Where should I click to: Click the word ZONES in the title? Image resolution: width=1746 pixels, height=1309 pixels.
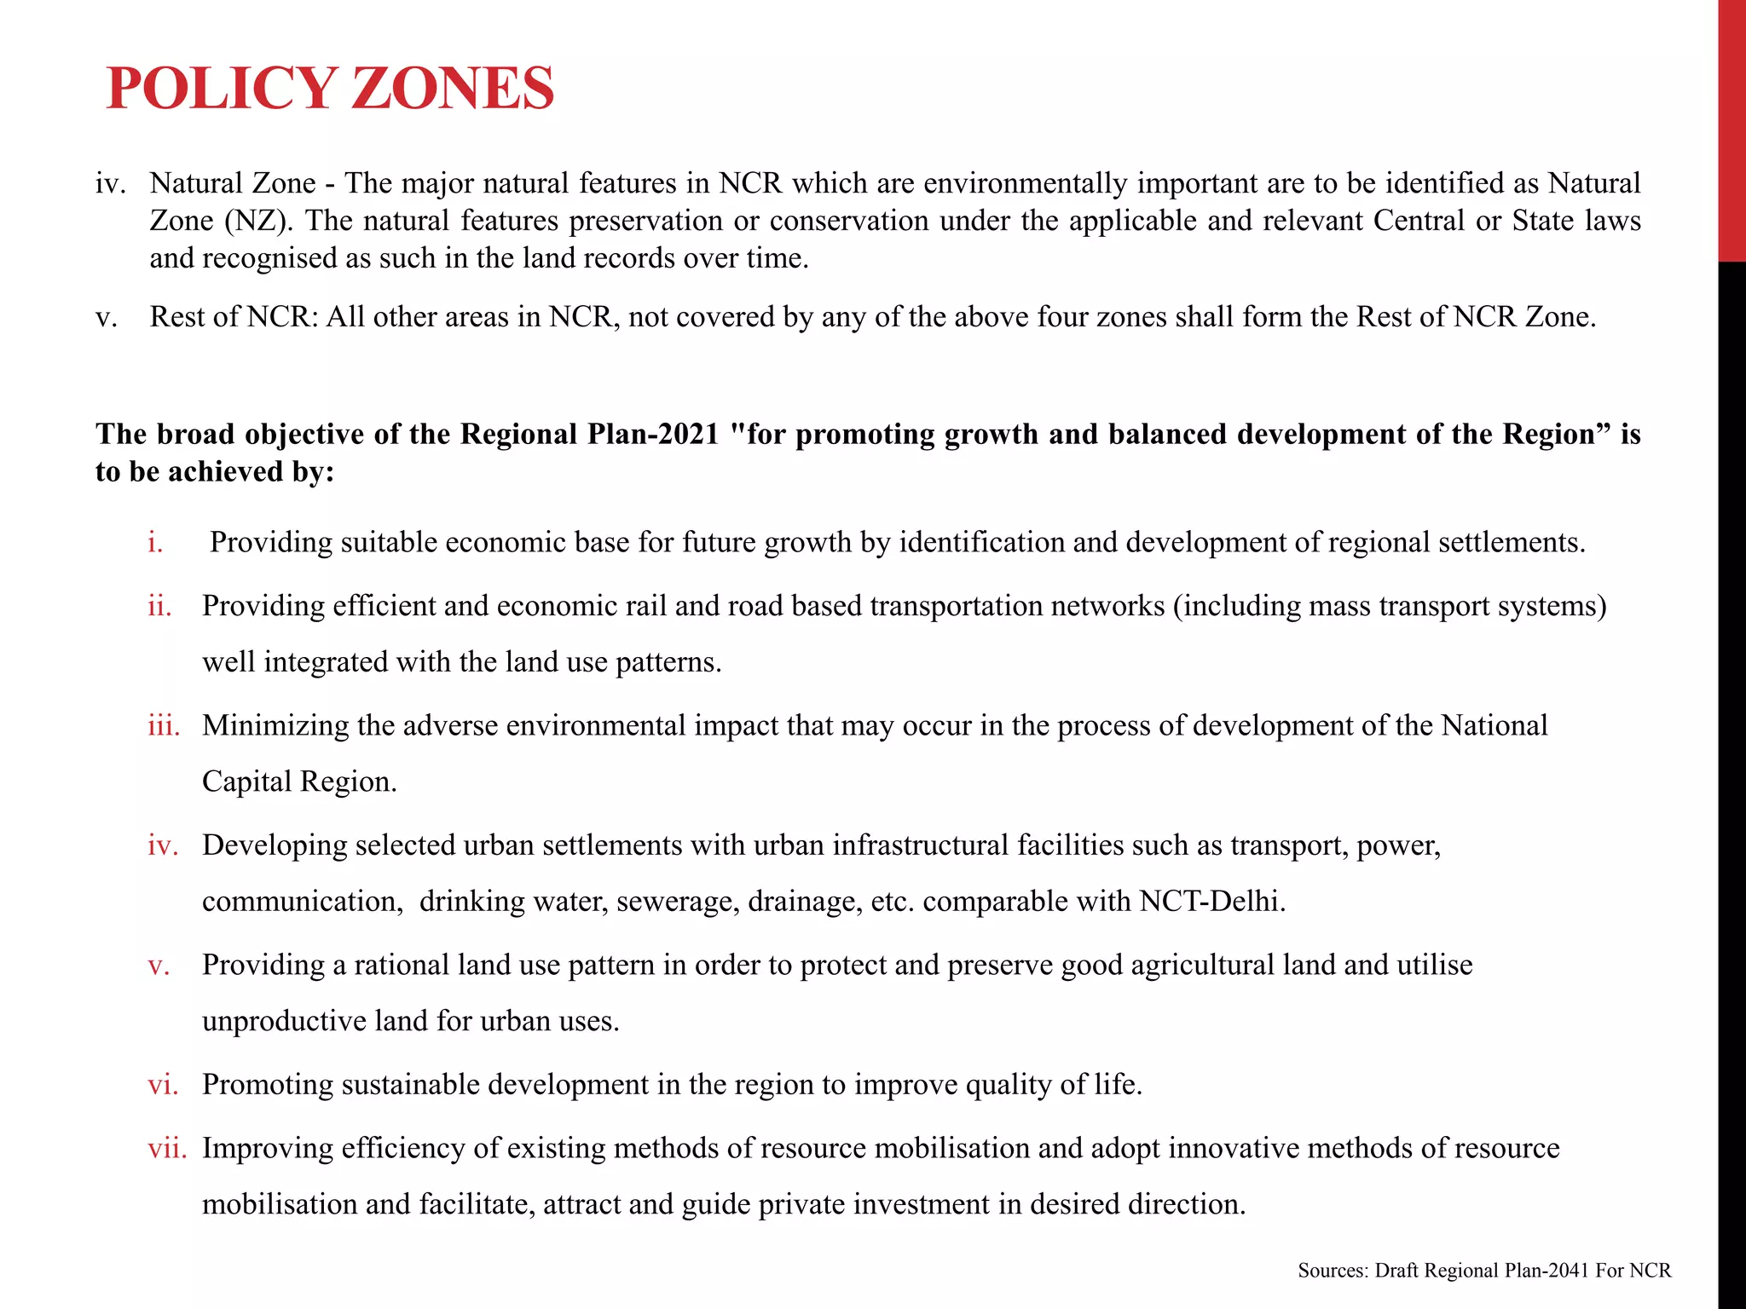(453, 89)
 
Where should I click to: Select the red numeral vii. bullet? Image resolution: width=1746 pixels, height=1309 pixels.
(167, 1148)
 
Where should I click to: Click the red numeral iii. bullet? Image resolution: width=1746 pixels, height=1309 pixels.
(164, 725)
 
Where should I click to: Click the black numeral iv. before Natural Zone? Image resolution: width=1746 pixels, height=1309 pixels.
(111, 183)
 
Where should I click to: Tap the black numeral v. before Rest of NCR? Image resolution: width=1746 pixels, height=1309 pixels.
(107, 317)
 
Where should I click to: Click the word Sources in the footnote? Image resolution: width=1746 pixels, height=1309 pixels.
(1333, 1271)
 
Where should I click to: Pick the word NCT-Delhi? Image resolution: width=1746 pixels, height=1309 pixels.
(1211, 901)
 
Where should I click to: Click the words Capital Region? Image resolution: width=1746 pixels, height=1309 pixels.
(299, 781)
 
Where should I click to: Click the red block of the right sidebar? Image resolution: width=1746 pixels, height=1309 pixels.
(1732, 128)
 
